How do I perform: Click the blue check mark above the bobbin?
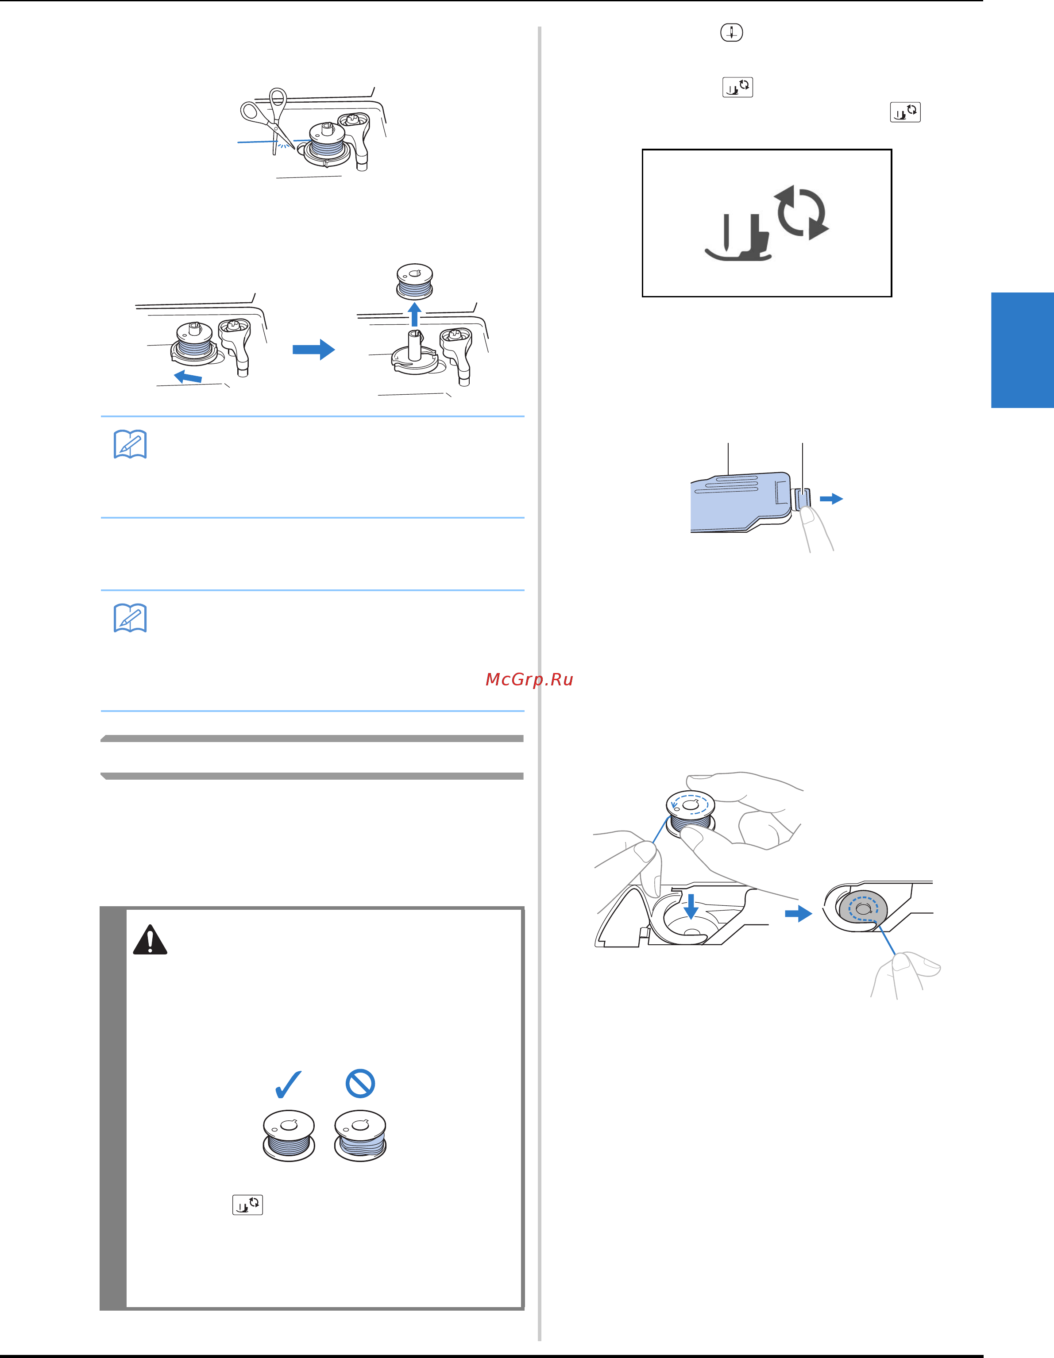[288, 1085]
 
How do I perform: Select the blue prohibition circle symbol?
[360, 1084]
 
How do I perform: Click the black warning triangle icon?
[150, 939]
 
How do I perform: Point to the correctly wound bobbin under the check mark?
[289, 1135]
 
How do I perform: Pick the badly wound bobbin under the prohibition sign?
[360, 1135]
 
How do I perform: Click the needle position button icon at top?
[732, 32]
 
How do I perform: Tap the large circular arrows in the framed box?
[801, 212]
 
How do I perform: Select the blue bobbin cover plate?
[741, 502]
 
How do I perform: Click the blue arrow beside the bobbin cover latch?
[831, 499]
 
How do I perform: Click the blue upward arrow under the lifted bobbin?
[414, 314]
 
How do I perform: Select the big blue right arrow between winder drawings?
[313, 350]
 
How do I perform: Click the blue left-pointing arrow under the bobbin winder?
[187, 376]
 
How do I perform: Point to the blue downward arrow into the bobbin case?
[691, 906]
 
